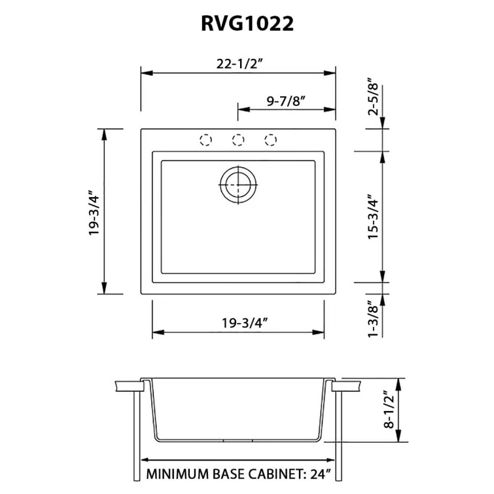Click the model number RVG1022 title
[247, 24]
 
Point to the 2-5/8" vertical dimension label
[373, 98]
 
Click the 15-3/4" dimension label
[373, 217]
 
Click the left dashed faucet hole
[205, 139]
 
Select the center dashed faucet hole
[238, 139]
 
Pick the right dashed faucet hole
[271, 139]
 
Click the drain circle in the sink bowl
[238, 185]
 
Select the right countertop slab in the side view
[347, 386]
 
